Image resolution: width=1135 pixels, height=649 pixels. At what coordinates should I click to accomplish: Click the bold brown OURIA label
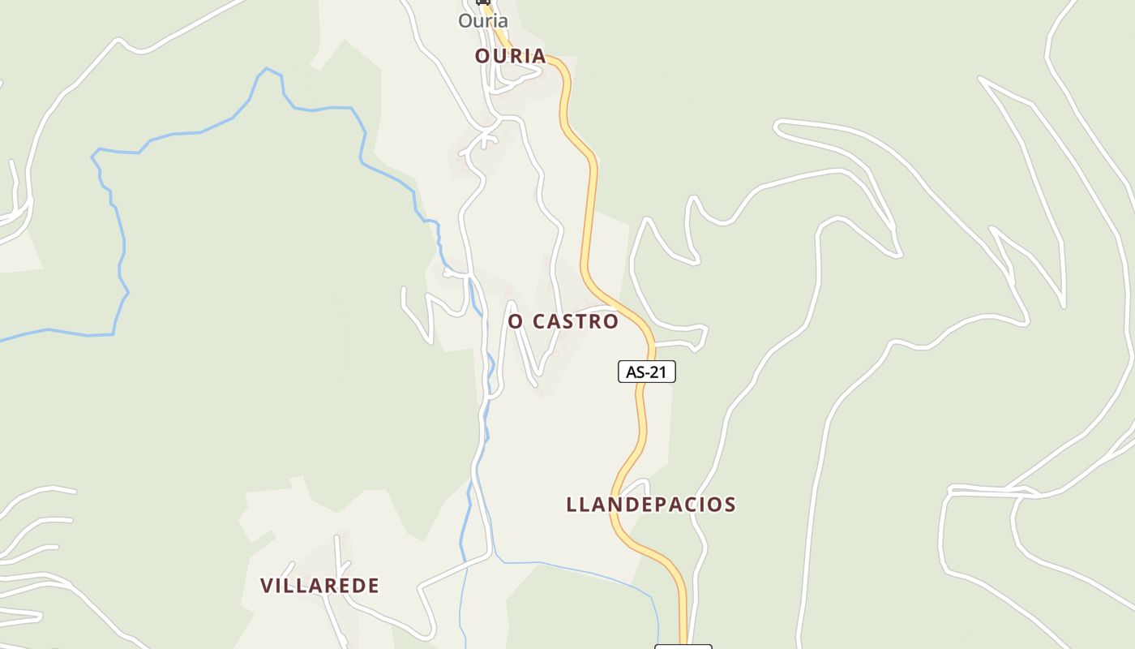click(510, 56)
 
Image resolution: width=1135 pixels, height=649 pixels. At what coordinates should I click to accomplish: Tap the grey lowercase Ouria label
click(483, 21)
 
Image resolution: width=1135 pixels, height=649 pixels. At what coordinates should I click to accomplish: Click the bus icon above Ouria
click(483, 2)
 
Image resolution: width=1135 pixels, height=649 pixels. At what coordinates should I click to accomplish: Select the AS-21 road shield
click(646, 372)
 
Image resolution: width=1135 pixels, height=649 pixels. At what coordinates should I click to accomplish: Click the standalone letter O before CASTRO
click(516, 321)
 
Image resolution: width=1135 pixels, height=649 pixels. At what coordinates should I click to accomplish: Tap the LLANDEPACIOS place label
click(651, 505)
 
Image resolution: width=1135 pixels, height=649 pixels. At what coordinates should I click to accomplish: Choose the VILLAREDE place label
click(319, 586)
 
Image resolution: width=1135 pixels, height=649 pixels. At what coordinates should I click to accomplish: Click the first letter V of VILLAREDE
click(266, 586)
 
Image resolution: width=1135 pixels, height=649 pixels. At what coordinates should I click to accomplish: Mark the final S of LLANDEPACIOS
click(730, 505)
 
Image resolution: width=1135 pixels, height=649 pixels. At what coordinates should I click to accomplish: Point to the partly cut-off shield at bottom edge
click(683, 646)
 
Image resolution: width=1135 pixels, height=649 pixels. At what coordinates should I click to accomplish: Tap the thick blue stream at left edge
click(49, 330)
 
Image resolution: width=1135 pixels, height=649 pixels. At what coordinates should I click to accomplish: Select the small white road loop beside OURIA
click(519, 78)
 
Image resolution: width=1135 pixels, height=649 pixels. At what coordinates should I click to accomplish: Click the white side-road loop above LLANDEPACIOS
click(636, 487)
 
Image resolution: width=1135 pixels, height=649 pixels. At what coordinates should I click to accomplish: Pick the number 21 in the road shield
click(658, 372)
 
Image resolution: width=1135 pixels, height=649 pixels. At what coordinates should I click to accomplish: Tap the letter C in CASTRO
click(538, 321)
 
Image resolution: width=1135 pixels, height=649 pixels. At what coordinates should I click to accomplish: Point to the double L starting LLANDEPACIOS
click(578, 505)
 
